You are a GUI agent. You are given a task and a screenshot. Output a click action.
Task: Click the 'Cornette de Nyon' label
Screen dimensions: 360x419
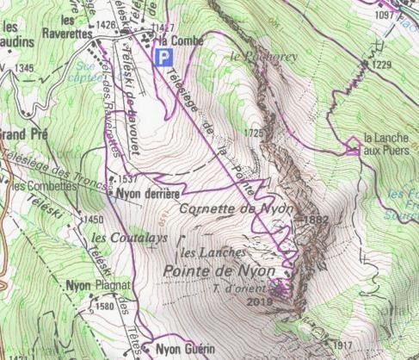click(x=237, y=209)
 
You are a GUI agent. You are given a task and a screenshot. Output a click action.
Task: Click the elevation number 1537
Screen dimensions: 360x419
click(x=129, y=179)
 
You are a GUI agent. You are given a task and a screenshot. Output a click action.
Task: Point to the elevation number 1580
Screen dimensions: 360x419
click(x=105, y=306)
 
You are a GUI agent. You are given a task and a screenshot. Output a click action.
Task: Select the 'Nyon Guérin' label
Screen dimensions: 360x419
click(x=182, y=350)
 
